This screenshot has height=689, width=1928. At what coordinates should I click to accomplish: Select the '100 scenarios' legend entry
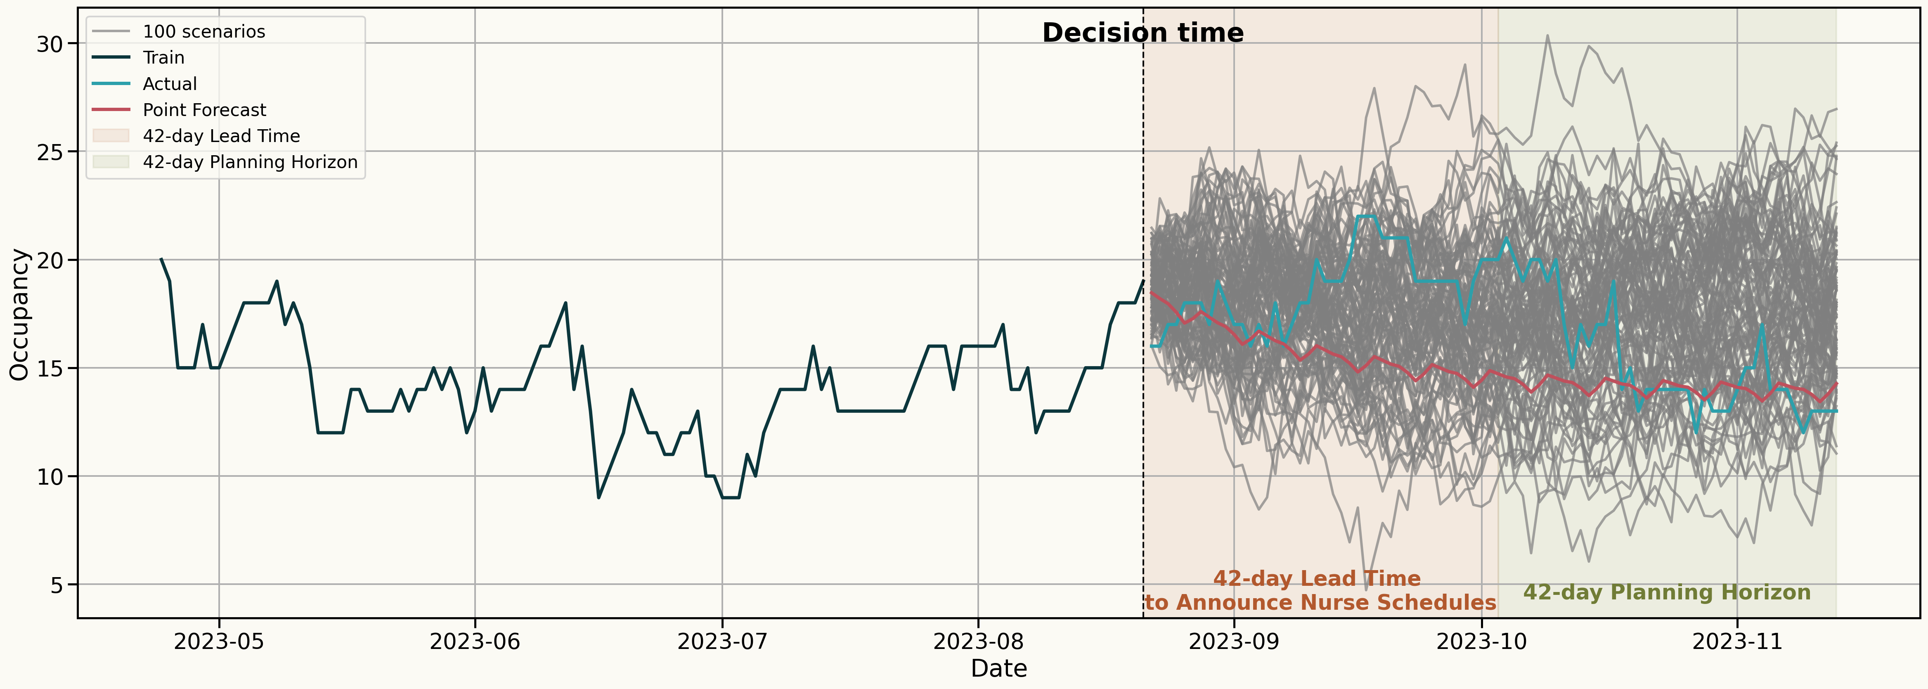[203, 31]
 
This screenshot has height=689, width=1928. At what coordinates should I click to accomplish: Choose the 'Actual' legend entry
[170, 84]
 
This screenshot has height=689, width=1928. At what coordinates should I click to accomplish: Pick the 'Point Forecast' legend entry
[204, 110]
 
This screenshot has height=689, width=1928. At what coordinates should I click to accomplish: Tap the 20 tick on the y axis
[50, 260]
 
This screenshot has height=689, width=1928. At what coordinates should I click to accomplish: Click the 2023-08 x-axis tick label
[977, 642]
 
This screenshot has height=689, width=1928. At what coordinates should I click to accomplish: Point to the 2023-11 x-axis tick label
[1737, 642]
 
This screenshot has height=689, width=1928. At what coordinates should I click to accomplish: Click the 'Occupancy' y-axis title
[20, 315]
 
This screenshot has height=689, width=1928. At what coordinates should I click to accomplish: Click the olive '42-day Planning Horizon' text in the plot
[1667, 592]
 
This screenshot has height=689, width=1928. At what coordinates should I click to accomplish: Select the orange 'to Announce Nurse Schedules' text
[1320, 603]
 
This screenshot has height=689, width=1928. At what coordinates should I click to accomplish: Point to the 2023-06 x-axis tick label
[475, 642]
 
